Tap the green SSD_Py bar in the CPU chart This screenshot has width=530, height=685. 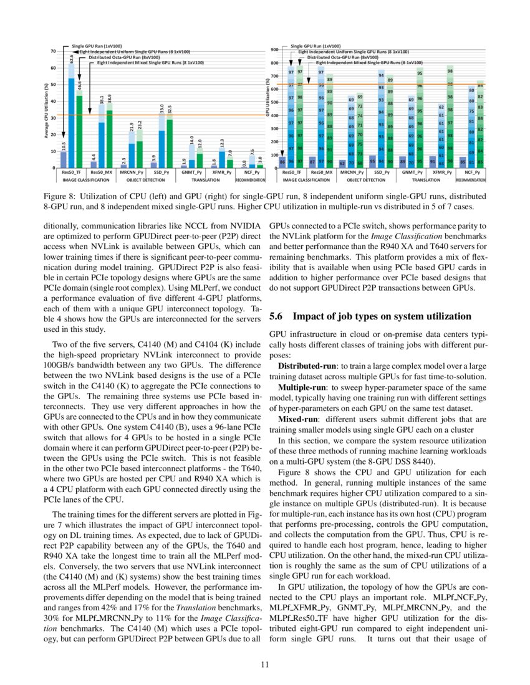tap(170, 143)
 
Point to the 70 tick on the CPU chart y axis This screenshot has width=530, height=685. tap(54, 51)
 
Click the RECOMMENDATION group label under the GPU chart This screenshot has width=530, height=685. tap(471, 179)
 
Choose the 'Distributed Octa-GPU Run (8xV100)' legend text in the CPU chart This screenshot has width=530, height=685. tap(124, 57)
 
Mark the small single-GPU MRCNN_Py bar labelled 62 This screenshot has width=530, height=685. tap(342, 163)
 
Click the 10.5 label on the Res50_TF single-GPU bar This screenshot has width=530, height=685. tap(64, 146)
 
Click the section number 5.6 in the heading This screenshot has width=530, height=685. tap(276, 316)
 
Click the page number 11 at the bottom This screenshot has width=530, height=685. tap(264, 664)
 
